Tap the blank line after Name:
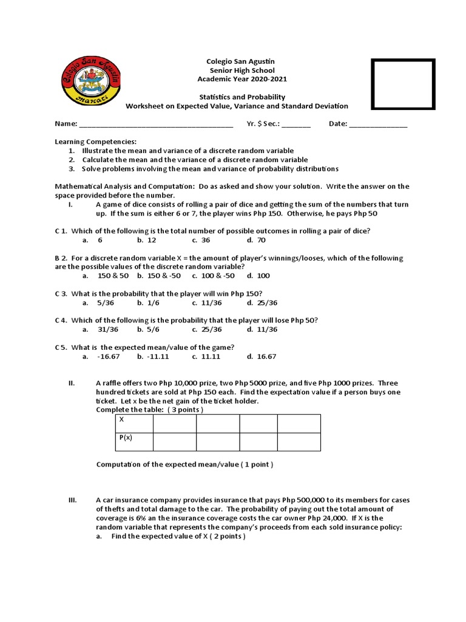click(x=156, y=124)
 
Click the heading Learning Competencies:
click(x=96, y=142)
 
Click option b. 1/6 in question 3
click(x=148, y=302)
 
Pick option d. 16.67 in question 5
click(x=262, y=357)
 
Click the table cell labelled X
click(x=133, y=423)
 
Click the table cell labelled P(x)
click(x=133, y=442)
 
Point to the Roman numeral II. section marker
click(x=71, y=383)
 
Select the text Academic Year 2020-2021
click(x=242, y=80)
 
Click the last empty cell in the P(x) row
click(x=299, y=442)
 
